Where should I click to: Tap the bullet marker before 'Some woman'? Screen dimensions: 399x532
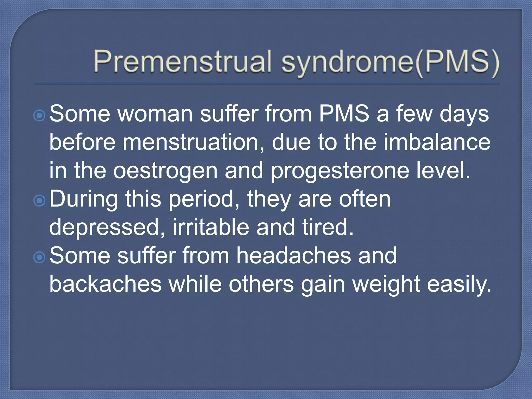tap(39, 115)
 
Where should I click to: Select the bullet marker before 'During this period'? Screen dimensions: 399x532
tap(39, 201)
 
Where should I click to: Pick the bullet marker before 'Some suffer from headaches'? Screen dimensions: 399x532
tap(39, 257)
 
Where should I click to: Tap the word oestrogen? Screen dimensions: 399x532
tap(165, 171)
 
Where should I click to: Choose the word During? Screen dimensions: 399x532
tap(83, 199)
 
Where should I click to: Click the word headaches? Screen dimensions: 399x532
tap(294, 256)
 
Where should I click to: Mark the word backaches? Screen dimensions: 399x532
tap(105, 284)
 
